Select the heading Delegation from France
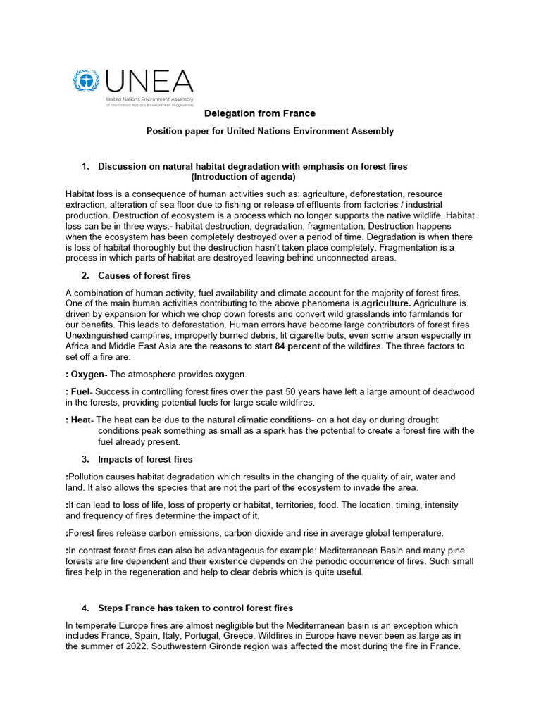[x=259, y=113]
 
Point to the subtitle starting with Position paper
[x=269, y=131]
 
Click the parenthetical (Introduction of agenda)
[x=244, y=177]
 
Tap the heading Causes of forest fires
[x=144, y=275]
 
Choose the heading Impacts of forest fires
[x=145, y=460]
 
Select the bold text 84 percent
[x=298, y=347]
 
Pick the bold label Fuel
[x=81, y=391]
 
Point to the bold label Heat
[x=82, y=420]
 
